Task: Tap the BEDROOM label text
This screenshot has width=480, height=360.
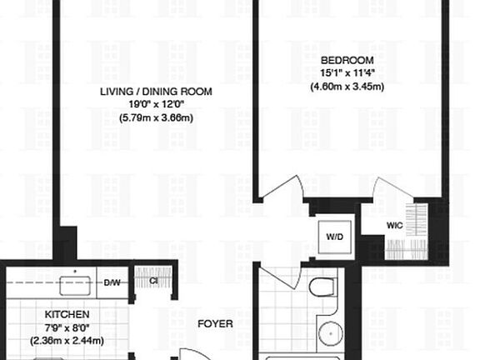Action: (347, 61)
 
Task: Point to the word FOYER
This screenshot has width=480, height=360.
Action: (214, 323)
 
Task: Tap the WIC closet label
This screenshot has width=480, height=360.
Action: (396, 226)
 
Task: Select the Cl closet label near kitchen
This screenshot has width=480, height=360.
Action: (142, 280)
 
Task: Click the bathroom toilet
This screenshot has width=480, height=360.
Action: (322, 289)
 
